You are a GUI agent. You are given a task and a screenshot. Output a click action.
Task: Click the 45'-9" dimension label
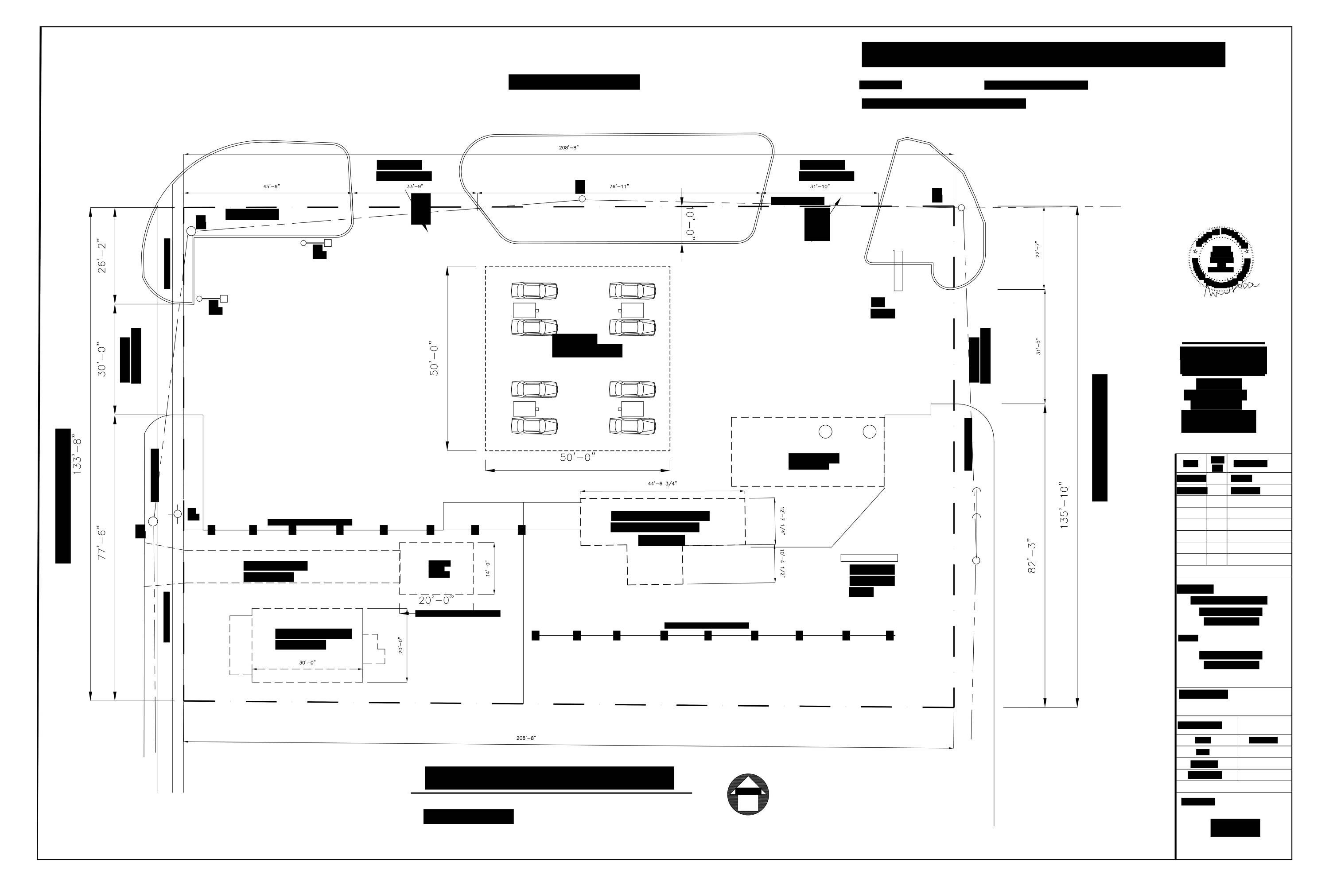271,187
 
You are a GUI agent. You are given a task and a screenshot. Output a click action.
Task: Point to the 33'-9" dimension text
415,187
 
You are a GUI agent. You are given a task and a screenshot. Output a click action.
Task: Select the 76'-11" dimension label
619,187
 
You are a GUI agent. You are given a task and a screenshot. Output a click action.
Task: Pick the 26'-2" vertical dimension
102,258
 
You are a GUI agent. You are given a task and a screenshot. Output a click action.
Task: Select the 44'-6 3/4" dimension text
662,484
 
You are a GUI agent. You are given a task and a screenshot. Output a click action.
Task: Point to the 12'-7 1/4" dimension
782,521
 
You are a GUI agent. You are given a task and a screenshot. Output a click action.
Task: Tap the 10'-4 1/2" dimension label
782,563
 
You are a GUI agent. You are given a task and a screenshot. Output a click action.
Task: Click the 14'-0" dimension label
488,568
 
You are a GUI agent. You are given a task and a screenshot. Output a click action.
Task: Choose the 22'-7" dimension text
1038,249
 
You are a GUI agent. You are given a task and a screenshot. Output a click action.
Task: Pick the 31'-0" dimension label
1038,346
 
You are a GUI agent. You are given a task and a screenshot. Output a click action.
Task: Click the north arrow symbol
748,794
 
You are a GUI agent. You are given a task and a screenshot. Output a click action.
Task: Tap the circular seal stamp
1220,259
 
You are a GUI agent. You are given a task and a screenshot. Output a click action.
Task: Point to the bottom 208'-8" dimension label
526,738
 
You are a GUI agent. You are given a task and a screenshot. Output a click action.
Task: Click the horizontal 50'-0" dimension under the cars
578,457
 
